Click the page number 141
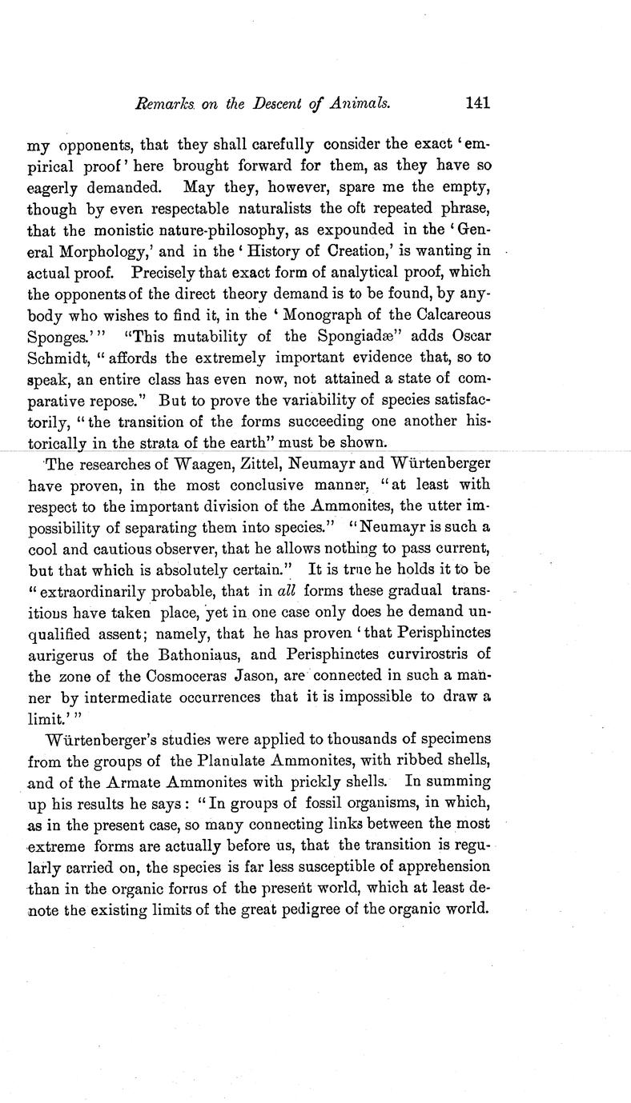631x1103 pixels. point(476,102)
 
